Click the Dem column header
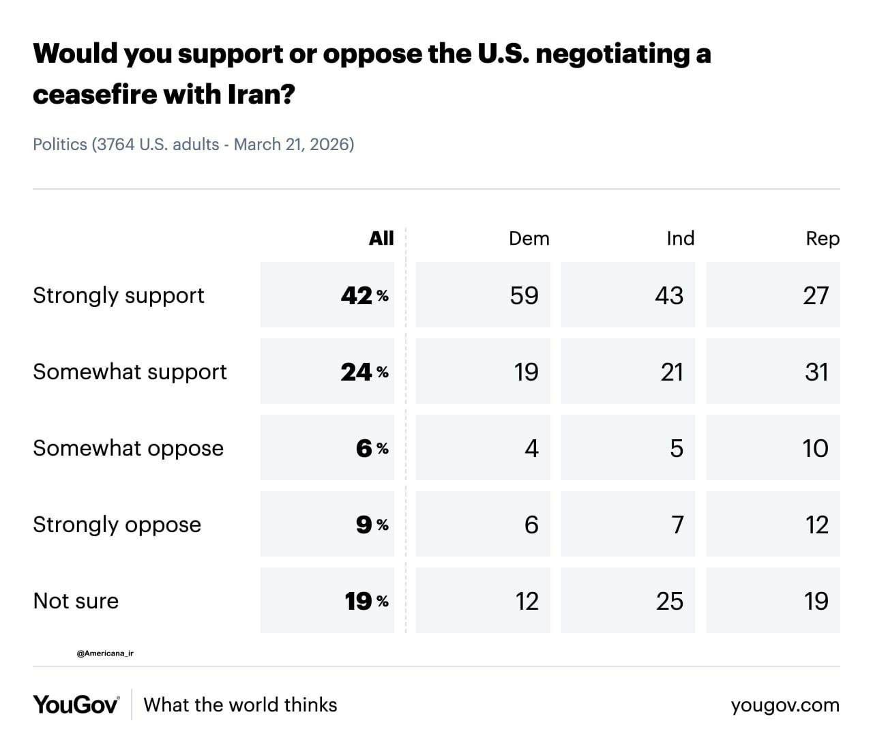pos(529,238)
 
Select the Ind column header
pos(680,238)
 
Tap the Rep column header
pos(822,238)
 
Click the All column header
pos(381,237)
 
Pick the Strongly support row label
pos(119,295)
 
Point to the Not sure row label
pos(76,601)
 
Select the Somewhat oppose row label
pos(128,448)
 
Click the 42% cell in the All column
pos(364,295)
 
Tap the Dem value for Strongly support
pos(524,295)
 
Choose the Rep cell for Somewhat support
pos(816,372)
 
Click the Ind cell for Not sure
pos(669,601)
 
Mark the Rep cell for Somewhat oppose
pos(815,448)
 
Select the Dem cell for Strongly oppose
pos(531,525)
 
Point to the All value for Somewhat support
pos(364,372)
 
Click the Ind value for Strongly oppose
pos(677,525)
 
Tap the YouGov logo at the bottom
pos(76,705)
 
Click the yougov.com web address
pos(785,705)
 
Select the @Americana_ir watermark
pos(105,653)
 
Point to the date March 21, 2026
pos(293,145)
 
